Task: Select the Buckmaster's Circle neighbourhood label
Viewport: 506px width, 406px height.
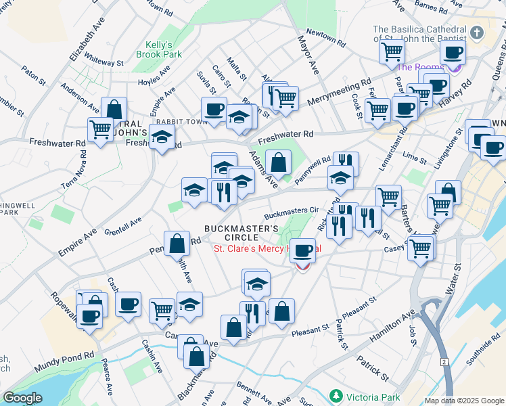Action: [x=241, y=233]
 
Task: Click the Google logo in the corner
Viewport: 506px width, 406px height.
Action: [x=22, y=398]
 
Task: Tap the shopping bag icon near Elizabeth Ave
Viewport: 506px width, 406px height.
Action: [x=114, y=109]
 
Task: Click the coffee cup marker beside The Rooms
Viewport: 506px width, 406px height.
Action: [x=453, y=52]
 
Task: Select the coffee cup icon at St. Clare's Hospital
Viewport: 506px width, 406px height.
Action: [x=303, y=250]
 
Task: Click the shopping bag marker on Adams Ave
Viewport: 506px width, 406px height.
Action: [x=278, y=162]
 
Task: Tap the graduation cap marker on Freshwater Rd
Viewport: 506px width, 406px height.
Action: [x=162, y=137]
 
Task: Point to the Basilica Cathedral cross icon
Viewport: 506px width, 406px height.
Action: [x=478, y=33]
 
